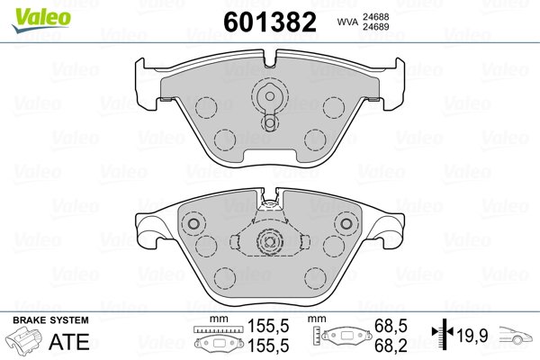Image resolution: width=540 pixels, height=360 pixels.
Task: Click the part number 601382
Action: (x=270, y=22)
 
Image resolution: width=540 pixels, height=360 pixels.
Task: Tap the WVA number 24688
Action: (x=375, y=16)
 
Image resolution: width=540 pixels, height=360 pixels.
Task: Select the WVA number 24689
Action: (x=375, y=26)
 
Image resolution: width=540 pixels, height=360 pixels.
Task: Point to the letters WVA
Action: (x=347, y=22)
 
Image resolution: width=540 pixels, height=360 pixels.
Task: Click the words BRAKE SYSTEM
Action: (x=50, y=320)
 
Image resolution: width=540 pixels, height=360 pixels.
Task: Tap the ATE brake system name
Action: (x=69, y=341)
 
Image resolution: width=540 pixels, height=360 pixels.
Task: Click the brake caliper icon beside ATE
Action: (x=23, y=339)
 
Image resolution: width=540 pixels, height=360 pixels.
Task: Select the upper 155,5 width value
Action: (x=268, y=326)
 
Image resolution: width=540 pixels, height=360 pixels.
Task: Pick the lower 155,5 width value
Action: (x=268, y=346)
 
